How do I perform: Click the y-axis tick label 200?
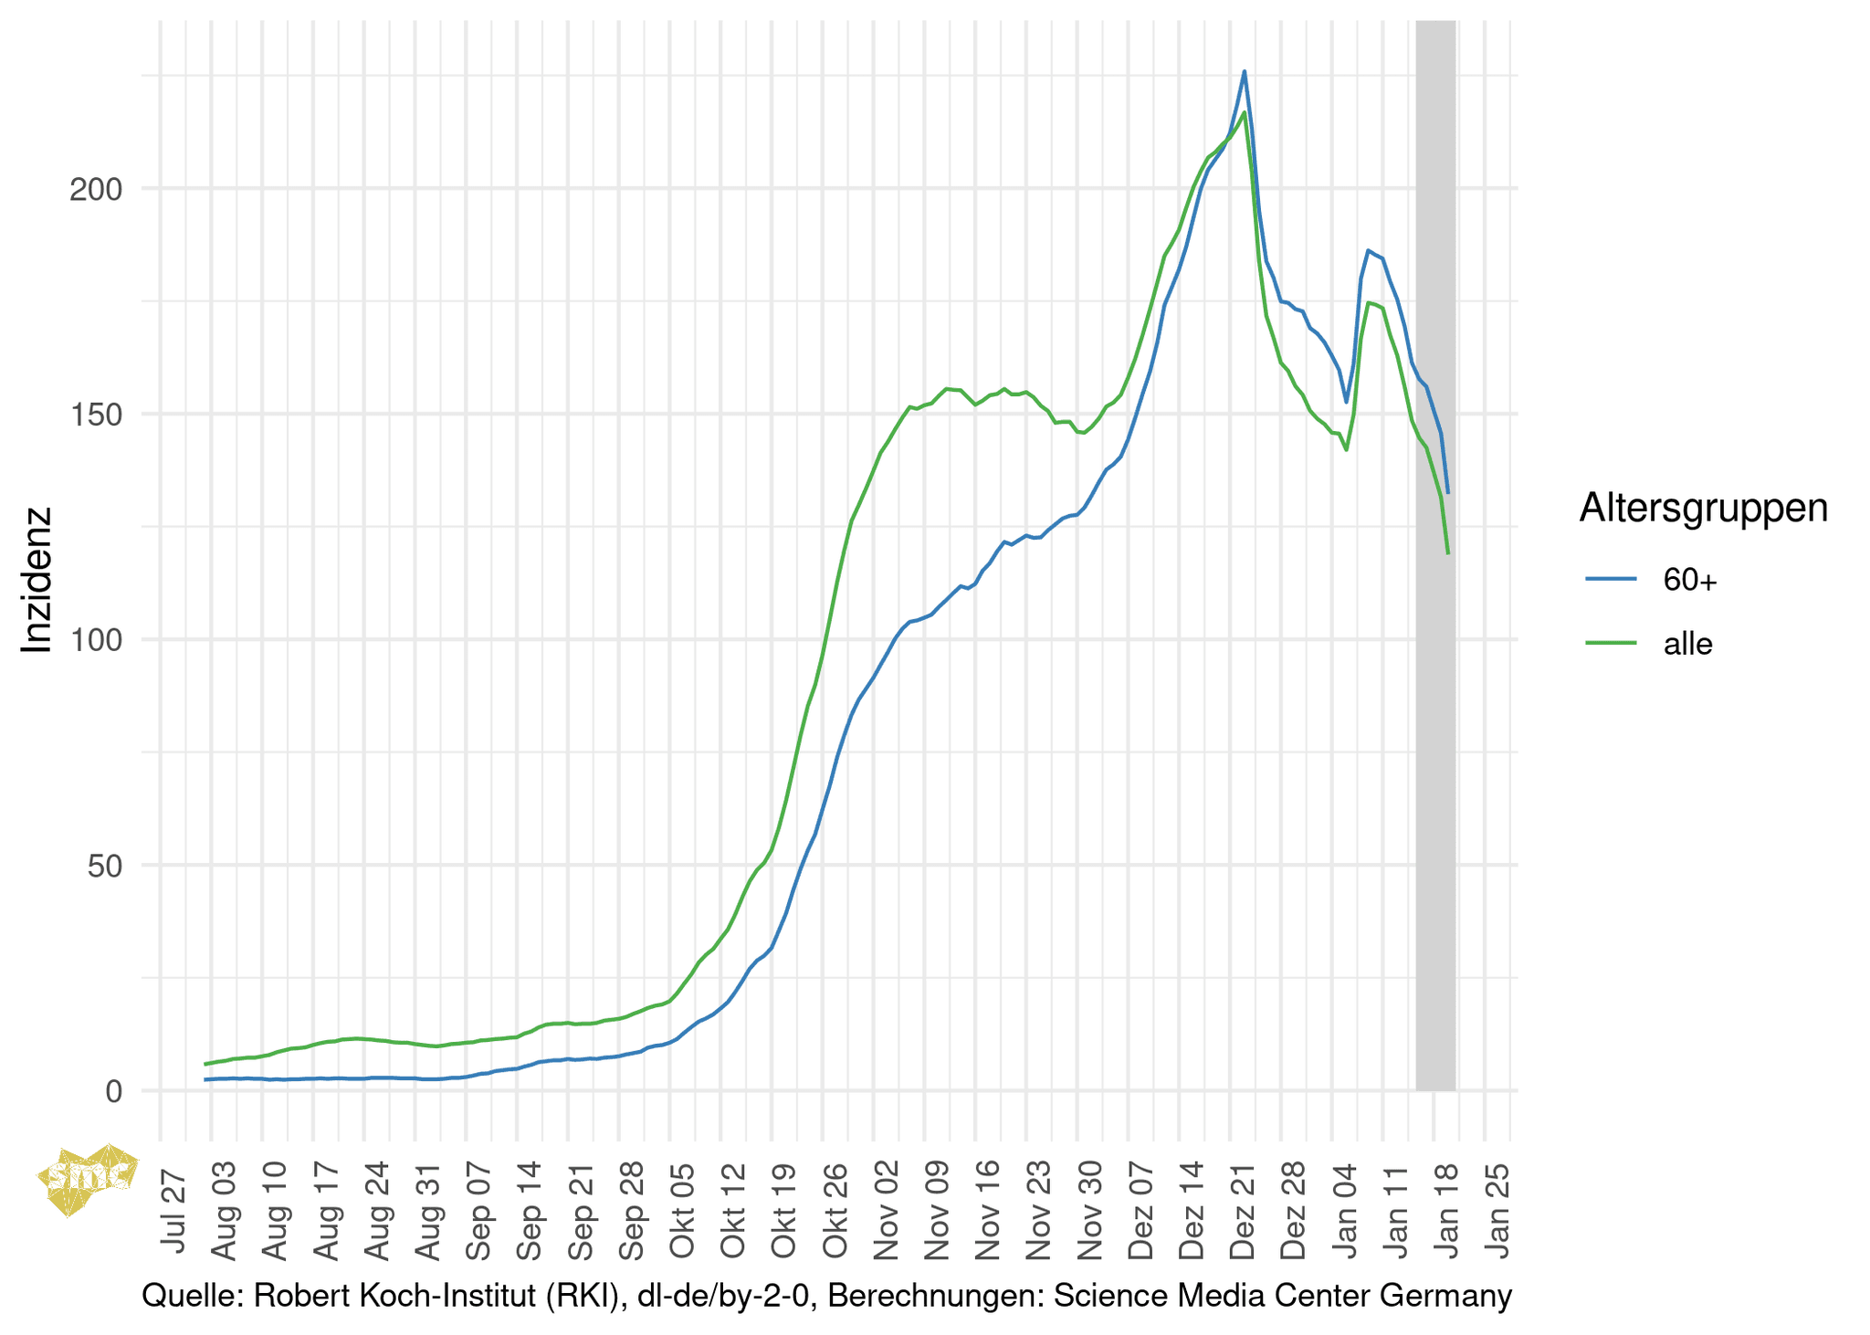(95, 190)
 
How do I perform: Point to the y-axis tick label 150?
(95, 415)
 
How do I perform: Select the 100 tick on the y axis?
(95, 641)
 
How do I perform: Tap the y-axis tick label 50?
(104, 867)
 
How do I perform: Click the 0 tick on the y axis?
(113, 1091)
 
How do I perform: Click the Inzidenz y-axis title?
(37, 580)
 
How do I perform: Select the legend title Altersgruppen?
(1703, 508)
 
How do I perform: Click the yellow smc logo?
(88, 1178)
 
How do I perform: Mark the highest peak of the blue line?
(1244, 71)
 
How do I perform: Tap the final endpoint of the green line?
(1448, 553)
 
